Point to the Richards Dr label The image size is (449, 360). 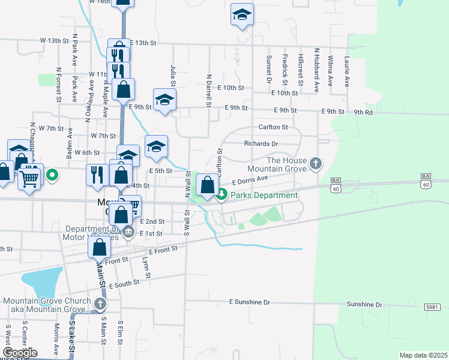click(x=261, y=144)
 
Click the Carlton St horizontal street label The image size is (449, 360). click(x=273, y=127)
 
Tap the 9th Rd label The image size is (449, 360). click(x=363, y=112)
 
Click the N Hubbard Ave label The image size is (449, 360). click(x=316, y=70)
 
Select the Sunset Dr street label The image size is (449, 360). click(x=270, y=70)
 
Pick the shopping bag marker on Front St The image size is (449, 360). click(x=101, y=246)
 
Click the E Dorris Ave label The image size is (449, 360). click(x=250, y=179)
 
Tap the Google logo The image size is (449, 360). click(x=20, y=353)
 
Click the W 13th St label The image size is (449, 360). click(x=55, y=41)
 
